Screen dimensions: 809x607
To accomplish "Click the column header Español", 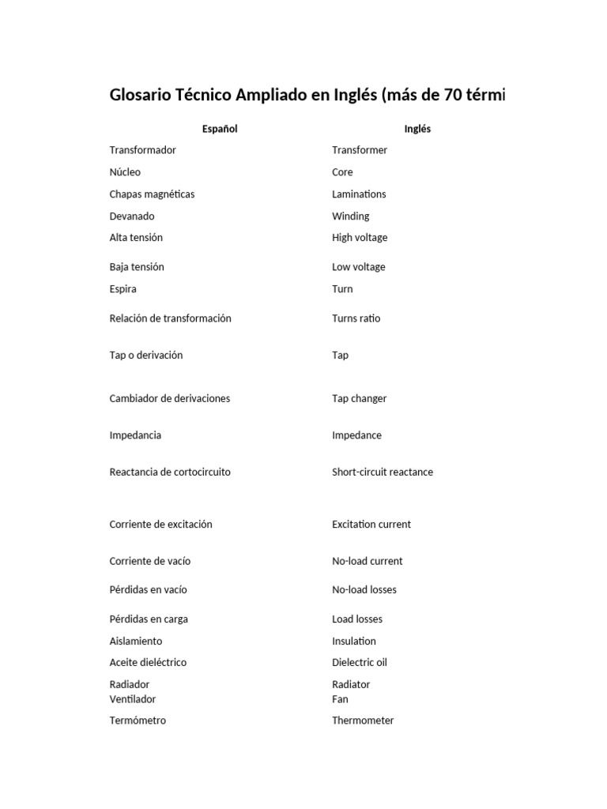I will tap(220, 129).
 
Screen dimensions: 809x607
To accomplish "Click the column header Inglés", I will tap(417, 129).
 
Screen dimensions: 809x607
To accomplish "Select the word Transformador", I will tap(142, 150).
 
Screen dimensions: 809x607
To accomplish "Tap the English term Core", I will tap(342, 172).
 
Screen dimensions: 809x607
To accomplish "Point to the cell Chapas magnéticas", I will tap(152, 194).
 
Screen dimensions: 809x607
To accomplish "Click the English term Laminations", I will tap(359, 194).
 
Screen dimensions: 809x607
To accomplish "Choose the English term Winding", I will tap(350, 216).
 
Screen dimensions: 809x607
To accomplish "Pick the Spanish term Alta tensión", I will tap(136, 238).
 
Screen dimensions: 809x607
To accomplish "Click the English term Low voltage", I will tap(358, 267).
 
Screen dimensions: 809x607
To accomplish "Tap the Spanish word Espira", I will tap(123, 289).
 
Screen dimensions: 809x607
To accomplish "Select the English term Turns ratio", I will tap(356, 318).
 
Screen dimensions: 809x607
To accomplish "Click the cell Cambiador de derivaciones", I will tap(169, 399).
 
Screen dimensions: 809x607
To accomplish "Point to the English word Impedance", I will tap(356, 435).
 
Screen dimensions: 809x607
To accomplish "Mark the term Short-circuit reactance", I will tap(382, 472).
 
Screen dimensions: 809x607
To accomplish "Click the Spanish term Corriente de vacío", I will tap(149, 562).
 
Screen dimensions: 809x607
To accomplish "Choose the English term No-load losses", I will tap(364, 590).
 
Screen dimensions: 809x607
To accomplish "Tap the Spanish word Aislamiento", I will tap(135, 642).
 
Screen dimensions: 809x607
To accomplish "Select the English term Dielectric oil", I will tap(359, 663).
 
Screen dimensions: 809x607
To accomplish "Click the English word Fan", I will tap(340, 699).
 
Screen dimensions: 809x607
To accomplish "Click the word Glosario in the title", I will tap(141, 96).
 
